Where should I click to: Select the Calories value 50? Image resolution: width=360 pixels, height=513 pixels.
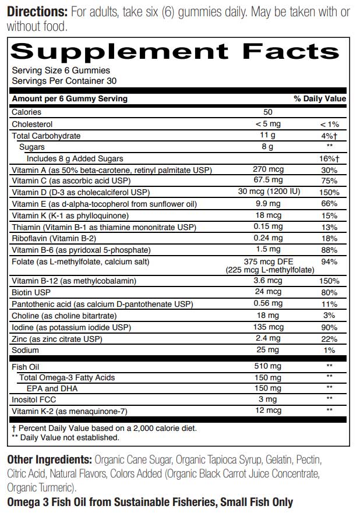point(267,112)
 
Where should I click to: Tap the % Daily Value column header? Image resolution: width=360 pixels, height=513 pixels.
point(320,99)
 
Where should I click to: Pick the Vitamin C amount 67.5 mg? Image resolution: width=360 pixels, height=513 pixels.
point(267,181)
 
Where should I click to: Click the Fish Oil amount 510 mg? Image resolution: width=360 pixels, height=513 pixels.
point(267,366)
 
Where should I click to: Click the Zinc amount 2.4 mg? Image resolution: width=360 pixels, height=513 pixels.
point(267,338)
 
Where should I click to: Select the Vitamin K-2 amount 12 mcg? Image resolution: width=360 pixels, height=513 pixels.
point(267,411)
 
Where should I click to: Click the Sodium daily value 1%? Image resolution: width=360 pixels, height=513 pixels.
point(329,350)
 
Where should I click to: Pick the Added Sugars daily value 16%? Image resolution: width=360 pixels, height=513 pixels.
point(329,158)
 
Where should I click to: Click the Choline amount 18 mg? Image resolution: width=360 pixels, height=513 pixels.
point(267,315)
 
